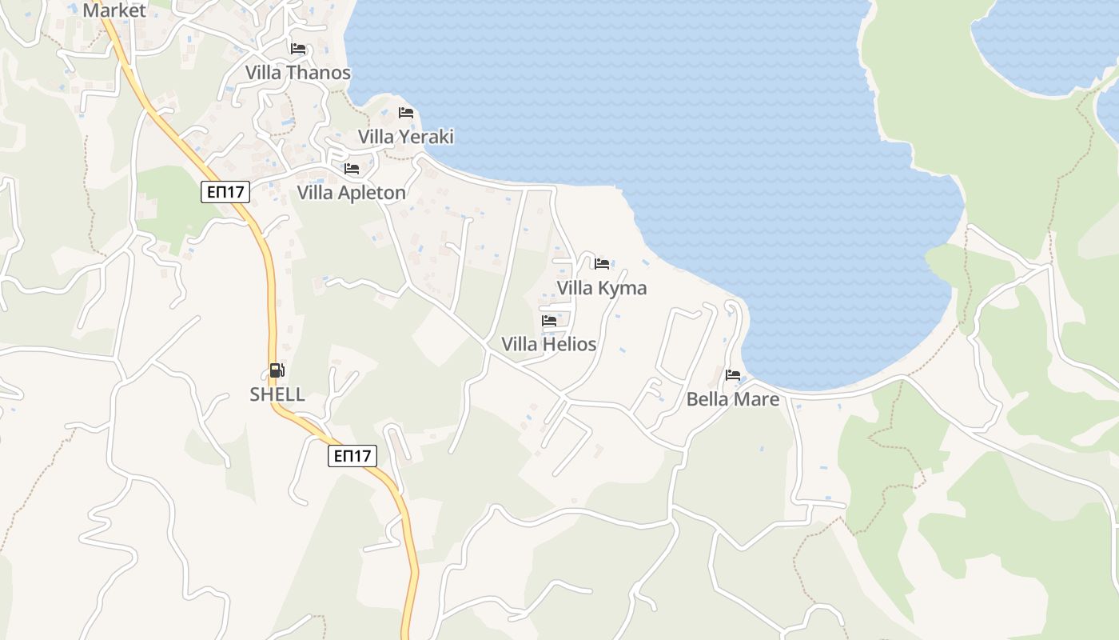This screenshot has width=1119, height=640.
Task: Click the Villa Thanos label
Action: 297,73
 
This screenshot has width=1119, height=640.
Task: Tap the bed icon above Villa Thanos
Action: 298,49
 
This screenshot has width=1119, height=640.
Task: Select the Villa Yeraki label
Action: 405,137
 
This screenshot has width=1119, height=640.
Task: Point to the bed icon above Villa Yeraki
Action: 406,113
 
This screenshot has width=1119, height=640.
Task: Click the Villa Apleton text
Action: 351,193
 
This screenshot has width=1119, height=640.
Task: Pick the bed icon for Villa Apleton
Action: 352,169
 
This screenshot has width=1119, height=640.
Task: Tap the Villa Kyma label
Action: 601,288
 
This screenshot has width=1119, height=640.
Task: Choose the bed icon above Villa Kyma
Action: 602,263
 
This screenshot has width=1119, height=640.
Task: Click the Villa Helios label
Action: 548,344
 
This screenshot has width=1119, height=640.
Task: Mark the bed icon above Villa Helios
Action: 549,321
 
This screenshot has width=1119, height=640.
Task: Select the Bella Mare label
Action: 732,398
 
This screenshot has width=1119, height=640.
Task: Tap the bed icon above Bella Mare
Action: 733,374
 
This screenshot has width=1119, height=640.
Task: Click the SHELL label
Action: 277,394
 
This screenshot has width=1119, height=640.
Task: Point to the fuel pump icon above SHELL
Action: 277,370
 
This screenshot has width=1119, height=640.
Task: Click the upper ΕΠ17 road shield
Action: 225,192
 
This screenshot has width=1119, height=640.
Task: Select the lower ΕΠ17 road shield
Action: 352,456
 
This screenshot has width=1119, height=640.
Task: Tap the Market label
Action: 114,10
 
